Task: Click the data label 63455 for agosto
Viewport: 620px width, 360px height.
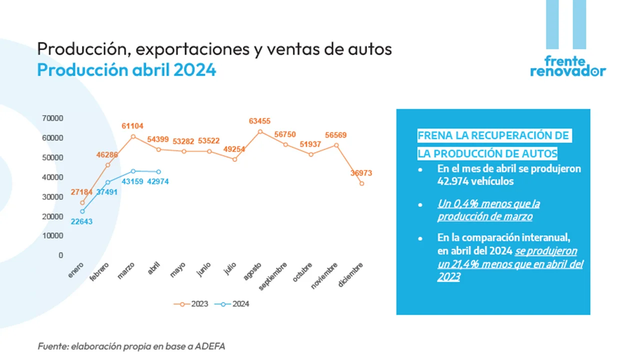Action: (260, 121)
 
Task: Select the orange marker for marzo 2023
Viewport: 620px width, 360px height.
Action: (133, 136)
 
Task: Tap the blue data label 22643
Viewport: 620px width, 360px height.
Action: (82, 221)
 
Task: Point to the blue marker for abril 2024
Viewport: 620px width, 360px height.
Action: (158, 172)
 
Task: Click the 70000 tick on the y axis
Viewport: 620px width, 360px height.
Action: (52, 118)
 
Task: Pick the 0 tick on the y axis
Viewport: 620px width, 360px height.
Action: (60, 255)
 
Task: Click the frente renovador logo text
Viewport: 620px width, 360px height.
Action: (567, 66)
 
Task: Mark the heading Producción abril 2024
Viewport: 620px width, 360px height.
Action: (126, 70)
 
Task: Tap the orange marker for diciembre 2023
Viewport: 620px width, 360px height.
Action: (361, 183)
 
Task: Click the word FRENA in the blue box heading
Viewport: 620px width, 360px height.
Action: (434, 136)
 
